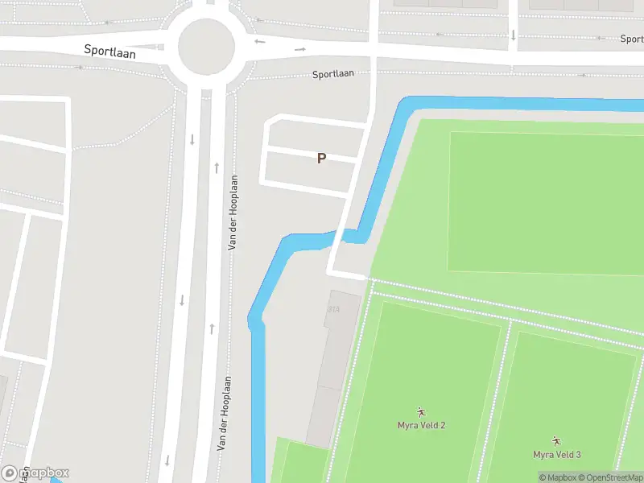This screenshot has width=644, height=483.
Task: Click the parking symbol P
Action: [321, 159]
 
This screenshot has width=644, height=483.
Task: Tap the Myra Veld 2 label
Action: [421, 425]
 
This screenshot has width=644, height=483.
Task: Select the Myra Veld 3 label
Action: [556, 455]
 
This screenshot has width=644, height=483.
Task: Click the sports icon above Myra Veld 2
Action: [421, 411]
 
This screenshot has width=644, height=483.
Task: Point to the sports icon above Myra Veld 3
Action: [556, 441]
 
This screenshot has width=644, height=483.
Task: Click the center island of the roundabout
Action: [206, 47]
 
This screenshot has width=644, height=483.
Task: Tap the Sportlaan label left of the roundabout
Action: [109, 51]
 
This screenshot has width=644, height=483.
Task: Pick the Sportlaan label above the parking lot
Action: [333, 74]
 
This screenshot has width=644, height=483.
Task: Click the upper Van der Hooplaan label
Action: [232, 213]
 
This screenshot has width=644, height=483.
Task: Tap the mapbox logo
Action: [35, 473]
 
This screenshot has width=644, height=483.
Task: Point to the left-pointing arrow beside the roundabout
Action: [259, 41]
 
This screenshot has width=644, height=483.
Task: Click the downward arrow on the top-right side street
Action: [513, 35]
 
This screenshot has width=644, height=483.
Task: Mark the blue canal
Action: [258, 386]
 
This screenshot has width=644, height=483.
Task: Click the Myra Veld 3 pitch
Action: [563, 386]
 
